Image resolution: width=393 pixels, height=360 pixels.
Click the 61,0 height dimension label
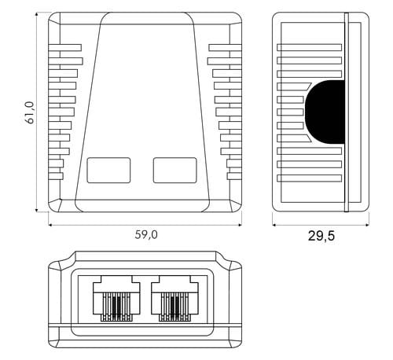point(31,112)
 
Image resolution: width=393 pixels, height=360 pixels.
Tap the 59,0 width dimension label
point(146,234)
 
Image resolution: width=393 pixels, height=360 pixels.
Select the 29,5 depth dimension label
point(321,236)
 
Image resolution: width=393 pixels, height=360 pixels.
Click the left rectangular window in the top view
point(108,170)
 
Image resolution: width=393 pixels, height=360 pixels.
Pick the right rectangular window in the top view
point(175,170)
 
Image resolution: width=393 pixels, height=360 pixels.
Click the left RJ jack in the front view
point(116,299)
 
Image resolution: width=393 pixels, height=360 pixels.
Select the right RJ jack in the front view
point(174,299)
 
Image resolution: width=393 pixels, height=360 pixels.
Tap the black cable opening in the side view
point(325,112)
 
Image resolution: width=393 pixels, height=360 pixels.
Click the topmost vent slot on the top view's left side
point(65,47)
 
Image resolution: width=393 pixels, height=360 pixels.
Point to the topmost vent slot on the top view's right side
point(225,47)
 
